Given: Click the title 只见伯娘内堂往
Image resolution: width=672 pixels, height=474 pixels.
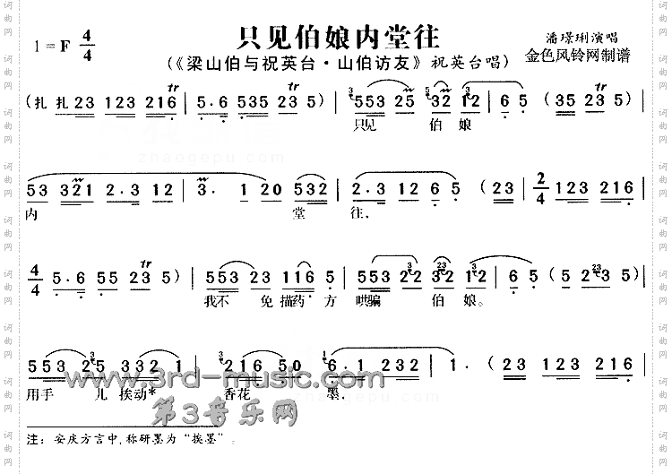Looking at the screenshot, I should click(338, 38).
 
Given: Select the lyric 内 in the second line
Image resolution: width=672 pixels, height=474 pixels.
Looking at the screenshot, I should click(34, 215).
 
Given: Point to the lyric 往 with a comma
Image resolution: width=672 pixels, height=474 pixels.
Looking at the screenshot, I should click(363, 215).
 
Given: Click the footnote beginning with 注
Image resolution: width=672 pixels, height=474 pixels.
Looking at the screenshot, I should click(134, 442).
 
